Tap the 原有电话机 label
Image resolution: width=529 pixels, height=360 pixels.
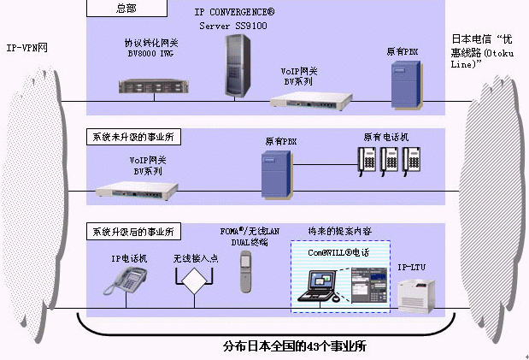pos(386,137)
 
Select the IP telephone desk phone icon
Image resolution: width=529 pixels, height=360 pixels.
pos(125,280)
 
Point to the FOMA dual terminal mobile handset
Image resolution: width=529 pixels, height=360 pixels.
pos(245,271)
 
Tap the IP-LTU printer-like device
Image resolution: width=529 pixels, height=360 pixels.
pos(418,294)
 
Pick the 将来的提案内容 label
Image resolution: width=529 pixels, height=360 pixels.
pos(338,232)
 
